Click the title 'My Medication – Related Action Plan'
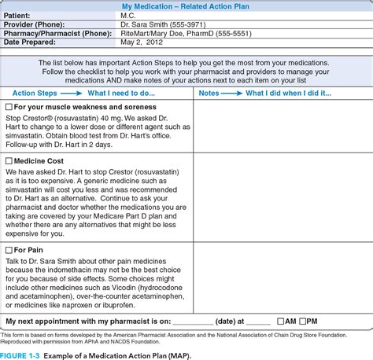(185, 6)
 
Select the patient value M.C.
(127, 15)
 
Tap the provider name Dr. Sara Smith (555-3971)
(167, 24)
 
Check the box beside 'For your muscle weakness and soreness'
(9, 106)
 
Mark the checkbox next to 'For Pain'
(9, 249)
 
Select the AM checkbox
(282, 321)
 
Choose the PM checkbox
(302, 321)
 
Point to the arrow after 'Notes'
(233, 92)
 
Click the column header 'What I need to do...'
(120, 92)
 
